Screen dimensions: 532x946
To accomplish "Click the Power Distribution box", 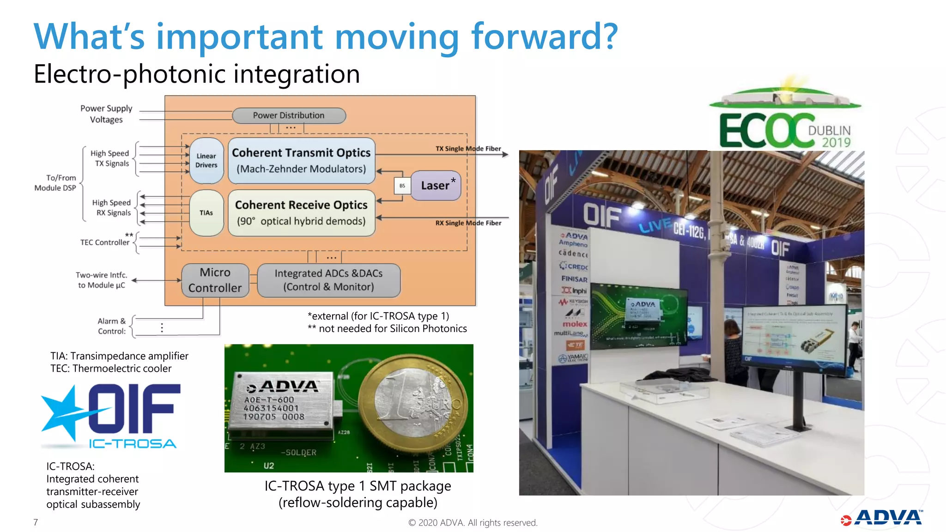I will (289, 115).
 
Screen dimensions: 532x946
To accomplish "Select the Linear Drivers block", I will (206, 161).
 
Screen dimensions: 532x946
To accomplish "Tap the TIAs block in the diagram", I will (206, 213).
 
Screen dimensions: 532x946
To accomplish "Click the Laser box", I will (436, 186).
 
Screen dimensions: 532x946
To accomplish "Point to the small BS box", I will (402, 186).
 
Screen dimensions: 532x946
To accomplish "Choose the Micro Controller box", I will (215, 280).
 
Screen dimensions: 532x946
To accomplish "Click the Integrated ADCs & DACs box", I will (328, 280).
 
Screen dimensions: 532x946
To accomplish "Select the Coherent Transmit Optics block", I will (301, 161).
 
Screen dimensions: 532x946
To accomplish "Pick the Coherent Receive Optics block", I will (301, 213).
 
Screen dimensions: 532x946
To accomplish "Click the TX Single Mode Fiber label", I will (468, 149).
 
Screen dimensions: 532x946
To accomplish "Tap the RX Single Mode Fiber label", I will (468, 223).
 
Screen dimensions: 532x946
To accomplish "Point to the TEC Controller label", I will (105, 242).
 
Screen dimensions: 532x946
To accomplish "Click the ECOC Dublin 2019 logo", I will (785, 120).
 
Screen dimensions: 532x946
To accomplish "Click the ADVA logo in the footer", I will (882, 518).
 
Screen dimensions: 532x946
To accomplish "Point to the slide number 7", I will (36, 522).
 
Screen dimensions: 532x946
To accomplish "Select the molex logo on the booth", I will (575, 324).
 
